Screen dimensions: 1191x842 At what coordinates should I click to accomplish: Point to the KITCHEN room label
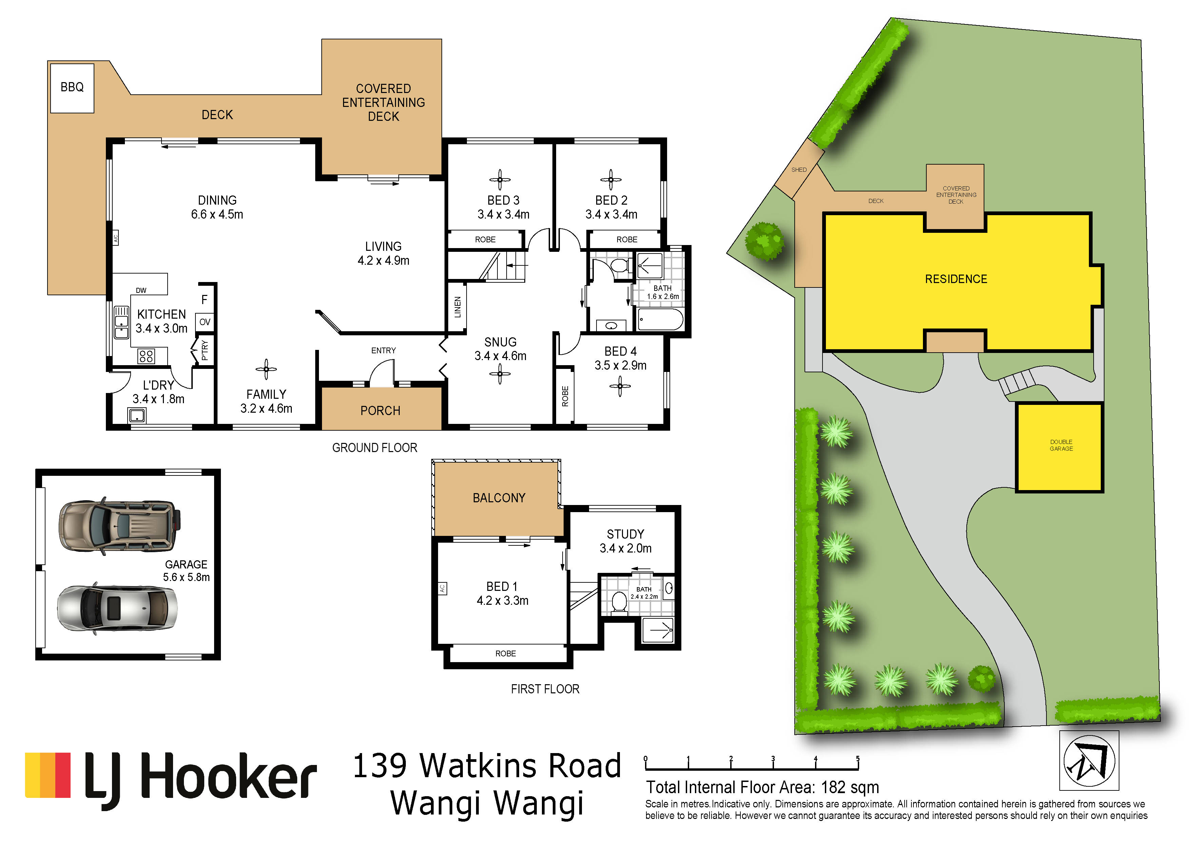click(161, 314)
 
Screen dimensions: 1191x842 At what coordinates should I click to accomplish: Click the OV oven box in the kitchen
click(205, 322)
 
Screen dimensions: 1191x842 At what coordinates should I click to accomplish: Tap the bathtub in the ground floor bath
click(660, 319)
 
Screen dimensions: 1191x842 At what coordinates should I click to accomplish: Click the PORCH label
click(380, 411)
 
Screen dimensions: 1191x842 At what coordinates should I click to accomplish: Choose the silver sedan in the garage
click(117, 609)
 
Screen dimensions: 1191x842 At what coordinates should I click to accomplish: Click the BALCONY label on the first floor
click(499, 498)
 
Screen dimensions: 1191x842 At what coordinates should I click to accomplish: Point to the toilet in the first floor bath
click(619, 603)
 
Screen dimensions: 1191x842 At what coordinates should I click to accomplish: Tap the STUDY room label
click(626, 535)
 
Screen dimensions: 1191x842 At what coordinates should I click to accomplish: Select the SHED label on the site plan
click(799, 170)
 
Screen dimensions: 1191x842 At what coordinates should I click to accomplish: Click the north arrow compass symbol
click(1089, 761)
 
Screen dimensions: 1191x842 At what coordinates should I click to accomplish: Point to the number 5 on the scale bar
click(857, 759)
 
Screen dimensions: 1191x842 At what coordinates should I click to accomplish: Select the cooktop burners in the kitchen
click(146, 356)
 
